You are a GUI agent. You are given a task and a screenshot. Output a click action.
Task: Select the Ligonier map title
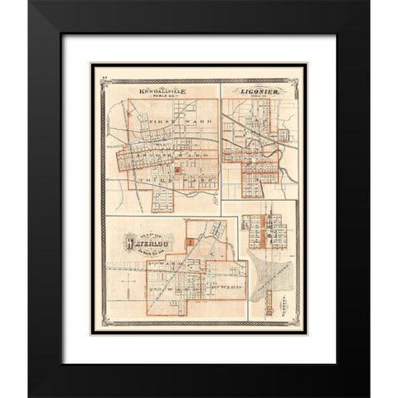(x=258, y=90)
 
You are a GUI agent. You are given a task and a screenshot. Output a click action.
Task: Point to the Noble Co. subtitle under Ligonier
(x=259, y=97)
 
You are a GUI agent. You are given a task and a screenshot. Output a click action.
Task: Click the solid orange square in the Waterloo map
(x=190, y=241)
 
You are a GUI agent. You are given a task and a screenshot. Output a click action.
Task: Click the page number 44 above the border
(x=97, y=75)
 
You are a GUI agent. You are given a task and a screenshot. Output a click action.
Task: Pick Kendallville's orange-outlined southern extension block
(x=163, y=200)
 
